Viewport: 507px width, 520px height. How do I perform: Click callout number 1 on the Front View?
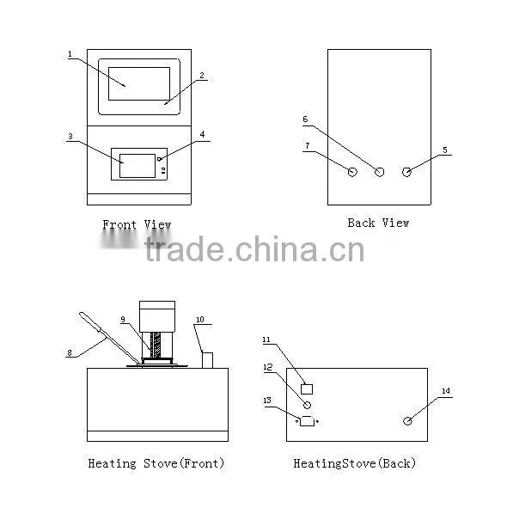coord(70,54)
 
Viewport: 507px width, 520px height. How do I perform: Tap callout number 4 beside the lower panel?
coord(202,134)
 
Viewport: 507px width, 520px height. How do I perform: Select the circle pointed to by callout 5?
coord(406,172)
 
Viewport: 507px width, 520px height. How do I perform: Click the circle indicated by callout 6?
coord(379,172)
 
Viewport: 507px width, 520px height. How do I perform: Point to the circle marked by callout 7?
coord(352,172)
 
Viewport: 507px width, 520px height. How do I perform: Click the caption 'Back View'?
coord(378,223)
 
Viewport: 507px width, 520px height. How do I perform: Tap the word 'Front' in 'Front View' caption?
coord(119,224)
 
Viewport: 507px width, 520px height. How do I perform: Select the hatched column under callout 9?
coord(156,345)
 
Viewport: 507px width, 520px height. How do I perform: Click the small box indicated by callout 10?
coord(207,360)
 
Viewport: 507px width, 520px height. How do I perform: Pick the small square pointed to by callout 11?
coord(307,389)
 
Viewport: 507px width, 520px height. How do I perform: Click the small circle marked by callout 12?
coord(307,405)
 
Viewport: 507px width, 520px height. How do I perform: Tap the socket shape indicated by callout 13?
coord(307,421)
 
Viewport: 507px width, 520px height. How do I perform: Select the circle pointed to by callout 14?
coord(407,421)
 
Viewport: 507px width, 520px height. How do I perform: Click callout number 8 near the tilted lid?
coord(70,353)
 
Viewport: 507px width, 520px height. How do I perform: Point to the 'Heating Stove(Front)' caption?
coord(156,463)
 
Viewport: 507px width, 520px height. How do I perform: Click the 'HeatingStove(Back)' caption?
coord(354,463)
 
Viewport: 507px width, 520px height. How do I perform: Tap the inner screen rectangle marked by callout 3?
coord(137,166)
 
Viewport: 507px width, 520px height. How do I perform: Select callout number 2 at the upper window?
coord(202,76)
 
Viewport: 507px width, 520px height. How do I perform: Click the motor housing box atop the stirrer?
coord(157,316)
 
